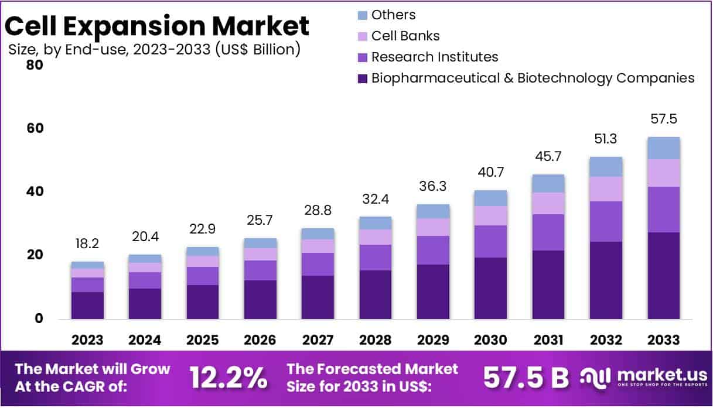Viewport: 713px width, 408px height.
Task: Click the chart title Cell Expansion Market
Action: (x=157, y=26)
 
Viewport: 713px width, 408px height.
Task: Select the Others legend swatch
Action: (x=362, y=15)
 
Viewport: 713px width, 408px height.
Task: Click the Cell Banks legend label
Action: (x=405, y=36)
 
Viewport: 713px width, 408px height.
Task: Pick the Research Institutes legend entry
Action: (x=435, y=57)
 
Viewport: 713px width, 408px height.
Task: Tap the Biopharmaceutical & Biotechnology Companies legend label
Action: (x=533, y=78)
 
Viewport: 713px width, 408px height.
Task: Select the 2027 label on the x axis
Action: (x=318, y=340)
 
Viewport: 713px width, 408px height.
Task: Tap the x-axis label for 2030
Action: (x=490, y=340)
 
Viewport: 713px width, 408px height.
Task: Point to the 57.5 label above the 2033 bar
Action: (x=663, y=119)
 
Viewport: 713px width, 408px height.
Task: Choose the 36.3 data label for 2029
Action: (x=433, y=187)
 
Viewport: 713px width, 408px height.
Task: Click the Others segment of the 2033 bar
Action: (x=663, y=148)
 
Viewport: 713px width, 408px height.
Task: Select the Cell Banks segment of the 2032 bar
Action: (x=606, y=189)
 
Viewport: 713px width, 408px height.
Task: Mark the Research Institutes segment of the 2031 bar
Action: (x=548, y=232)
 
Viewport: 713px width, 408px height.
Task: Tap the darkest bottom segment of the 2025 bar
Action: (x=203, y=302)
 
